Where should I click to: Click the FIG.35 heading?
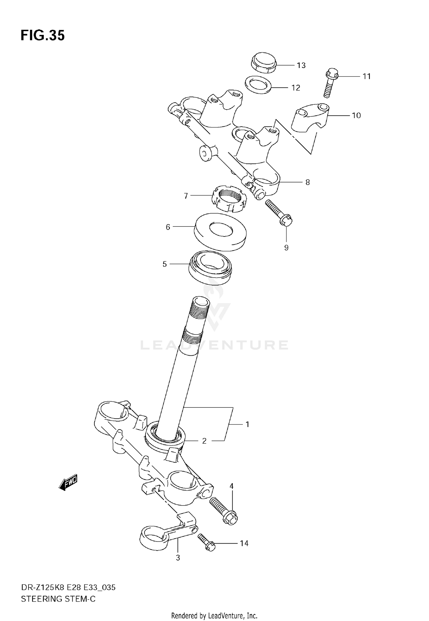tap(43, 36)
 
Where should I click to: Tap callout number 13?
tap(301, 65)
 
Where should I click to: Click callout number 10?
tap(356, 116)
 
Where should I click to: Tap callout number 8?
tap(307, 182)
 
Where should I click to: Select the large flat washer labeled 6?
tap(220, 232)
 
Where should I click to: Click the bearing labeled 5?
tap(211, 268)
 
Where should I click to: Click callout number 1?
tap(247, 424)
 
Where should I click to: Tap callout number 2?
tap(204, 441)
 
